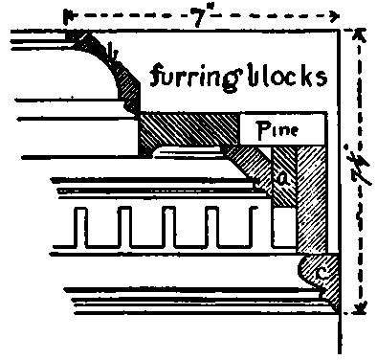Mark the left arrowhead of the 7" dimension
[67, 15]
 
